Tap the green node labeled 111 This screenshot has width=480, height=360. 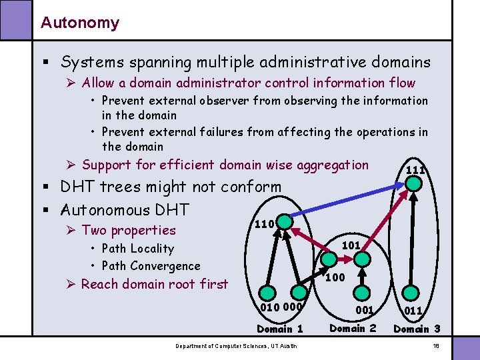415,182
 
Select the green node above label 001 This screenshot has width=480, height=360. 361,291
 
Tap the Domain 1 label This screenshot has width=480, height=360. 280,329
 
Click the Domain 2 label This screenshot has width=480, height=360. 353,328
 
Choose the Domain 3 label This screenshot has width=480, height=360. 417,329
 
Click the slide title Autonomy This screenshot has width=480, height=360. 79,23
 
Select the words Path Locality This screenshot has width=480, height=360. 137,249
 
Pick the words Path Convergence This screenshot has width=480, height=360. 151,266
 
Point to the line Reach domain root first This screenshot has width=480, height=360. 154,284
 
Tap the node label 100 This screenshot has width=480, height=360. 335,277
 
